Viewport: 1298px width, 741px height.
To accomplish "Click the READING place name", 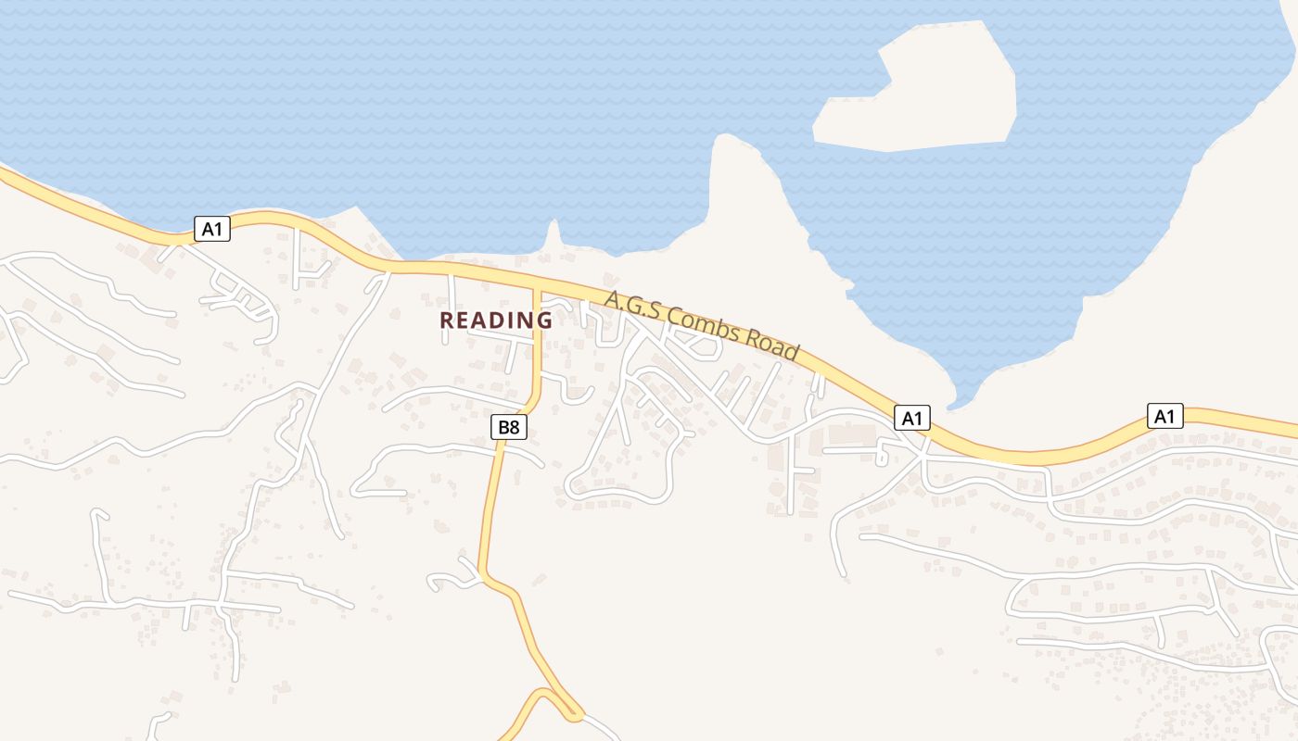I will click(495, 320).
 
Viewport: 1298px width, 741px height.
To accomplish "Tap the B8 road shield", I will click(508, 427).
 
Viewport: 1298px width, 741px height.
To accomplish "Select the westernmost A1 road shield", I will click(212, 229).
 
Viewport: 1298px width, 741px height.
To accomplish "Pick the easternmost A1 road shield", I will click(1165, 416).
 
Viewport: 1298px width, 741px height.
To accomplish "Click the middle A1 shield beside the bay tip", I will click(912, 418).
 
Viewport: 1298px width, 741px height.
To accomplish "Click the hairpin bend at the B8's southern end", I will click(573, 714).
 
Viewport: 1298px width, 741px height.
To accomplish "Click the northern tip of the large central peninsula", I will click(724, 139).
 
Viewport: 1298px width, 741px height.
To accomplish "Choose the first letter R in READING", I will click(446, 320).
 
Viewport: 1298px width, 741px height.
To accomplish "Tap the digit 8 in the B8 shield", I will click(514, 427).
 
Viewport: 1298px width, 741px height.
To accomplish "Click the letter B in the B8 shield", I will click(503, 427).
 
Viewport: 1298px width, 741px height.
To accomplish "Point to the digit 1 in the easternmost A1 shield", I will click(1172, 416).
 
